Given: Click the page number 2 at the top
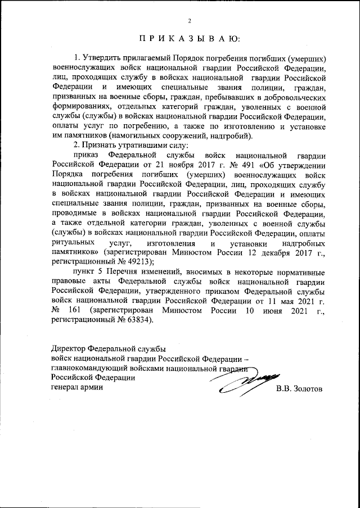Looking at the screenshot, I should pyautogui.click(x=190, y=21).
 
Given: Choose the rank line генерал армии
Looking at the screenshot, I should pyautogui.click(x=77, y=387).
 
